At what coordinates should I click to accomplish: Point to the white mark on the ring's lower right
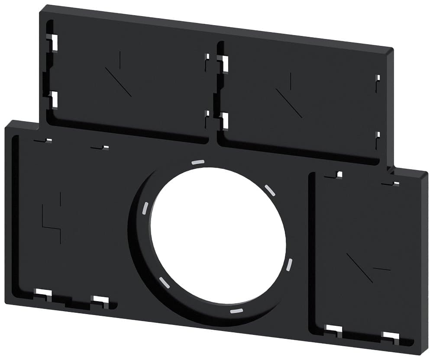(x=289, y=265)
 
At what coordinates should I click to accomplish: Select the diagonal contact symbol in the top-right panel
(x=289, y=97)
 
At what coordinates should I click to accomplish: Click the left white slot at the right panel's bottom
(x=334, y=330)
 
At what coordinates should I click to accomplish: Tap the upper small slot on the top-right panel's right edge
(x=378, y=78)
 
